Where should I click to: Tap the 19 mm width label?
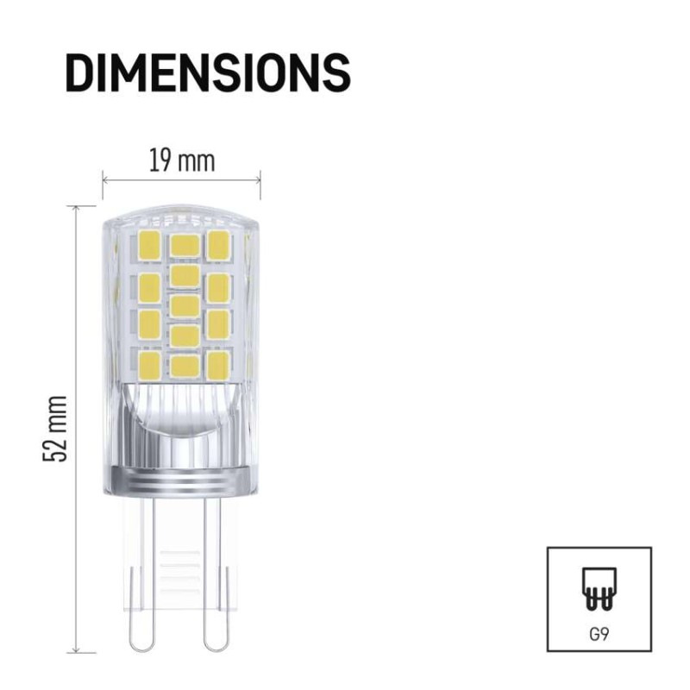pos(181,160)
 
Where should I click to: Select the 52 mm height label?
pos(55,429)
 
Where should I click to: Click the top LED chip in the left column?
pos(149,246)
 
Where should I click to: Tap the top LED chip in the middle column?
pos(184,245)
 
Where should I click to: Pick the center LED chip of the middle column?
pos(184,306)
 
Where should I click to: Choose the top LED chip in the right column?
pos(217,245)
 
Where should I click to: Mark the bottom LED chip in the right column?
pos(217,364)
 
